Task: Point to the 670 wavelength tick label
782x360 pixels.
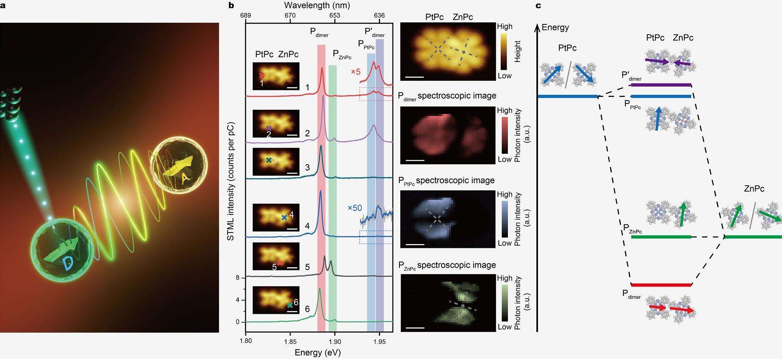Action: coord(290,15)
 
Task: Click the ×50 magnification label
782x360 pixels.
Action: coord(355,208)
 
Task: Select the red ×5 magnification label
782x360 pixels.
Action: coord(355,72)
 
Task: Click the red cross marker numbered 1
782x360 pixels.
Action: coord(261,76)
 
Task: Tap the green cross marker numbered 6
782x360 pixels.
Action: coord(290,305)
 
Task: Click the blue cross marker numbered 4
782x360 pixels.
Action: coord(284,217)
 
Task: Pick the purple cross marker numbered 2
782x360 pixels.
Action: coord(268,128)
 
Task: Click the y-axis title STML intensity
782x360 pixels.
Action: coord(231,181)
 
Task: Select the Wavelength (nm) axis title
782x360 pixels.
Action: coord(317,5)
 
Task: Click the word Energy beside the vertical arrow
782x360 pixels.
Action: coord(555,28)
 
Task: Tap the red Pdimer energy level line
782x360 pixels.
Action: coord(661,285)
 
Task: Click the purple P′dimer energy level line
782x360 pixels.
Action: coord(661,85)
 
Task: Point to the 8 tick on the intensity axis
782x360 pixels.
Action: coord(238,278)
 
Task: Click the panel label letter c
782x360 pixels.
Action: coord(538,6)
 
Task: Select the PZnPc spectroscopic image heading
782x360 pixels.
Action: coord(447,265)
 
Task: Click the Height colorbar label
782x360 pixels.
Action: coord(518,51)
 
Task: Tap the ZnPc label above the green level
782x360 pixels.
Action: coord(754,189)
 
